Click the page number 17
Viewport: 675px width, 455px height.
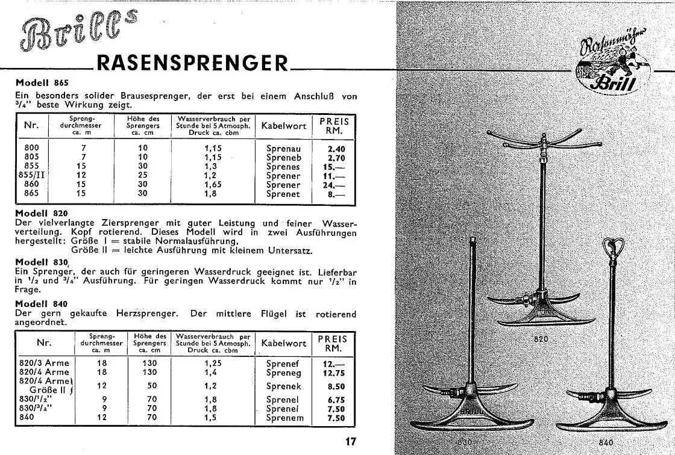(351, 442)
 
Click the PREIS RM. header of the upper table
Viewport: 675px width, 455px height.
(334, 125)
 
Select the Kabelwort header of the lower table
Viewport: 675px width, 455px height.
(284, 343)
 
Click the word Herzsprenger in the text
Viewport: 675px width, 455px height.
(150, 314)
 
